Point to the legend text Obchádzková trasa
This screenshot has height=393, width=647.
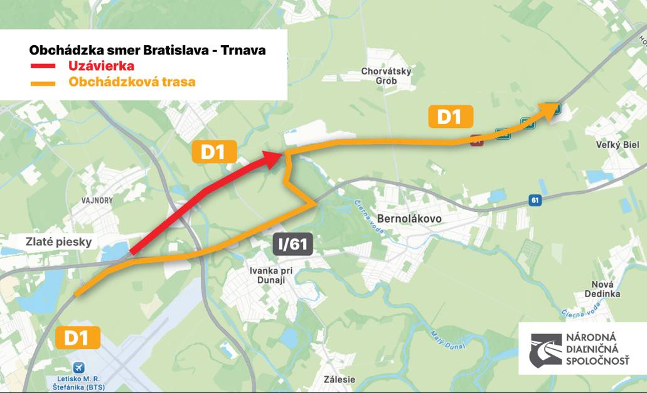click(x=132, y=82)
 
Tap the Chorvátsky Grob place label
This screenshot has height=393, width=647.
click(x=386, y=76)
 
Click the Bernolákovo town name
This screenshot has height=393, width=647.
click(x=410, y=219)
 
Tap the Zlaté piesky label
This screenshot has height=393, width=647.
click(x=50, y=242)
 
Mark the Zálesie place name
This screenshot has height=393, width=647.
click(x=340, y=379)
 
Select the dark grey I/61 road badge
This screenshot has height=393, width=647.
click(x=292, y=244)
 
